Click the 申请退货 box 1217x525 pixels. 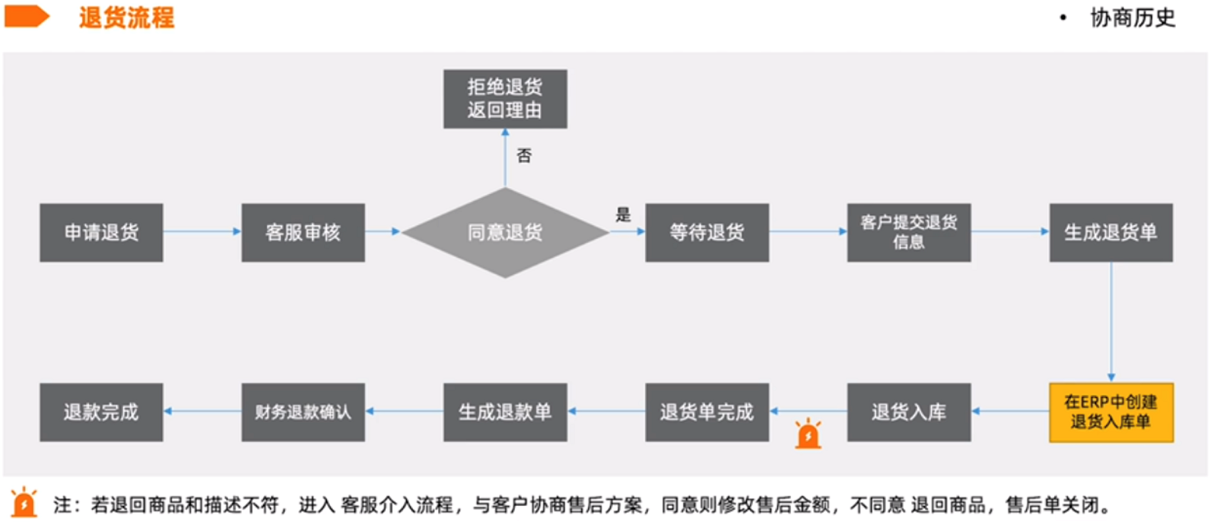click(101, 233)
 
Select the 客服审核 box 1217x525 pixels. click(303, 233)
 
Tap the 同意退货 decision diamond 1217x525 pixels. click(505, 233)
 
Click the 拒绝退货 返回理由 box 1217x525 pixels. click(505, 99)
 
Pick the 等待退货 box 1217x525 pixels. click(707, 233)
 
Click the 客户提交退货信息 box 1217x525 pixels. click(909, 233)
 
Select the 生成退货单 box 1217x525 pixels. click(1111, 233)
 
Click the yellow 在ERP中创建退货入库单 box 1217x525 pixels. click(1111, 412)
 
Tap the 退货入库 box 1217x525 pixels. click(909, 412)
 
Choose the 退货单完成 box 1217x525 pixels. click(707, 412)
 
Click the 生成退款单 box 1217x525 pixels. click(505, 412)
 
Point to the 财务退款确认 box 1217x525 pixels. click(303, 412)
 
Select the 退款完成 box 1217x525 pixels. click(101, 412)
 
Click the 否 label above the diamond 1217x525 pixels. click(524, 156)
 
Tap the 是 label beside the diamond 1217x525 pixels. click(623, 215)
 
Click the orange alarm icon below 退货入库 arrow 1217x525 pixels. click(808, 434)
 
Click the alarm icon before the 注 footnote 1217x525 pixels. click(24, 502)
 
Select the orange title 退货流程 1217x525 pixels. click(126, 17)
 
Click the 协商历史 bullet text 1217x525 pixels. click(1132, 17)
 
